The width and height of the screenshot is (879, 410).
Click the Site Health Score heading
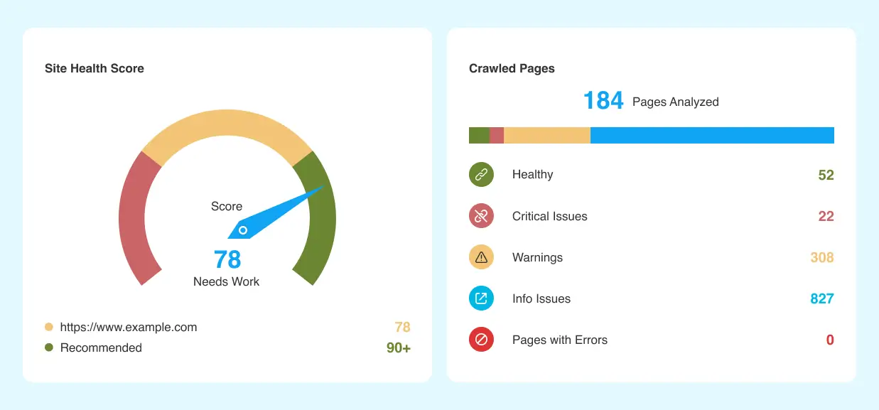[94, 68]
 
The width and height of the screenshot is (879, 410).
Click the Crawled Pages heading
[512, 68]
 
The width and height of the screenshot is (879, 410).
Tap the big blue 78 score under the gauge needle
[227, 259]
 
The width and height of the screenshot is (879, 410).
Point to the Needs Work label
[226, 281]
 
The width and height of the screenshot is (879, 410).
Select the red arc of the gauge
[135, 220]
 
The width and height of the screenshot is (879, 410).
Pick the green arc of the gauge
[318, 220]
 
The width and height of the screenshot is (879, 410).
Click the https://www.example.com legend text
[129, 327]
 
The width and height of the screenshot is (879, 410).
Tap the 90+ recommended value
[398, 347]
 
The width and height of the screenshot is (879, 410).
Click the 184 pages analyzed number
[603, 101]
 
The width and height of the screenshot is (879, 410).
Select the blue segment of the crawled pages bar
[712, 135]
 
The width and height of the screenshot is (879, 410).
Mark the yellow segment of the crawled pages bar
[546, 135]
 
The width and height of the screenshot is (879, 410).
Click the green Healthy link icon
[481, 175]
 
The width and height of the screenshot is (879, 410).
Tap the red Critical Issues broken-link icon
[481, 216]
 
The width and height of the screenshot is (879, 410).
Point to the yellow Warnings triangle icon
[481, 257]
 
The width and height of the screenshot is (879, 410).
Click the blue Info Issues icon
[481, 298]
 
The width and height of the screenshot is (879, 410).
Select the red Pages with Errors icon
[481, 340]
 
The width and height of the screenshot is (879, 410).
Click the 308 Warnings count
[821, 257]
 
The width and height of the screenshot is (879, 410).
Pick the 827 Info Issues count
[821, 298]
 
